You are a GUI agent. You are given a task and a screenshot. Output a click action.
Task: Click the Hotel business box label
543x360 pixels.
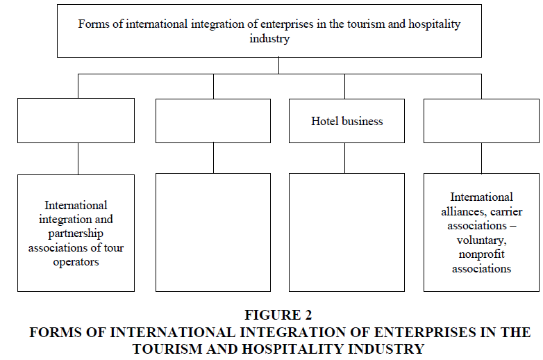pyautogui.click(x=346, y=121)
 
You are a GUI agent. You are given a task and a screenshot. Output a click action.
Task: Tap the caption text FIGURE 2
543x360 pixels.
pyautogui.click(x=278, y=315)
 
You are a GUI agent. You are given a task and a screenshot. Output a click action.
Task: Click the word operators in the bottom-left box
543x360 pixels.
pyautogui.click(x=76, y=262)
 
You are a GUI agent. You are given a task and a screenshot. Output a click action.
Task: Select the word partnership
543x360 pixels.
pyautogui.click(x=76, y=234)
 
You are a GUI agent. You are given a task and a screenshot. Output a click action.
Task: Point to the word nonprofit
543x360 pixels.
pyautogui.click(x=481, y=254)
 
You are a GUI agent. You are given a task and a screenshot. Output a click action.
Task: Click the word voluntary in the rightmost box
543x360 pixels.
pyautogui.click(x=481, y=240)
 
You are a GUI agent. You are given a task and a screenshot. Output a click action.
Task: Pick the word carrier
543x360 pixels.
pyautogui.click(x=506, y=211)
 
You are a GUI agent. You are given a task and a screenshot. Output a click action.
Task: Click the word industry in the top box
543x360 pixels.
pyautogui.click(x=269, y=38)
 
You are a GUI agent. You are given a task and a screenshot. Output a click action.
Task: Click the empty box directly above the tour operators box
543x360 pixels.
pyautogui.click(x=76, y=120)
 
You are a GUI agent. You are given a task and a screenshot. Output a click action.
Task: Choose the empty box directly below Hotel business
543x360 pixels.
pyautogui.click(x=346, y=233)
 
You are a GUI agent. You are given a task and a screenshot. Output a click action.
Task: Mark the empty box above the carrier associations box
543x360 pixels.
pyautogui.click(x=481, y=121)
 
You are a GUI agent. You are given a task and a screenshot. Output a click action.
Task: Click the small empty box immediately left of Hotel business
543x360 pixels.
pyautogui.click(x=213, y=121)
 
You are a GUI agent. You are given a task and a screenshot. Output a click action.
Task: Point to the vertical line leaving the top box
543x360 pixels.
pyautogui.click(x=278, y=65)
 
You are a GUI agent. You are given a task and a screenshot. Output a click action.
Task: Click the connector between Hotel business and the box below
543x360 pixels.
pyautogui.click(x=344, y=158)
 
